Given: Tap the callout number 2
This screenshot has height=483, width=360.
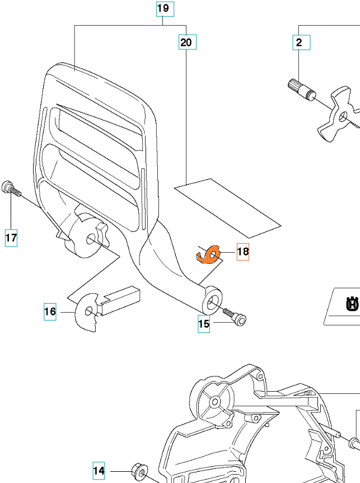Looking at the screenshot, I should tap(299, 42).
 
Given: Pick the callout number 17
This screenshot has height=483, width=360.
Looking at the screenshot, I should tap(11, 238).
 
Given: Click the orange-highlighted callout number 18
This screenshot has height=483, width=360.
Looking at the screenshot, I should tap(242, 252).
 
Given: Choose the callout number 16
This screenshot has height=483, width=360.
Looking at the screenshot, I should tap(50, 311).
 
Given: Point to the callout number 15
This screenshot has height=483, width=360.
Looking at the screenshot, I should tap(204, 323).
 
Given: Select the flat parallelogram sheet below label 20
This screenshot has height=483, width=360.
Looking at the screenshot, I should tap(227, 207).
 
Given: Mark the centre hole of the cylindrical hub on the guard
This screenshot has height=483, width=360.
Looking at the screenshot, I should tap(90, 240).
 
